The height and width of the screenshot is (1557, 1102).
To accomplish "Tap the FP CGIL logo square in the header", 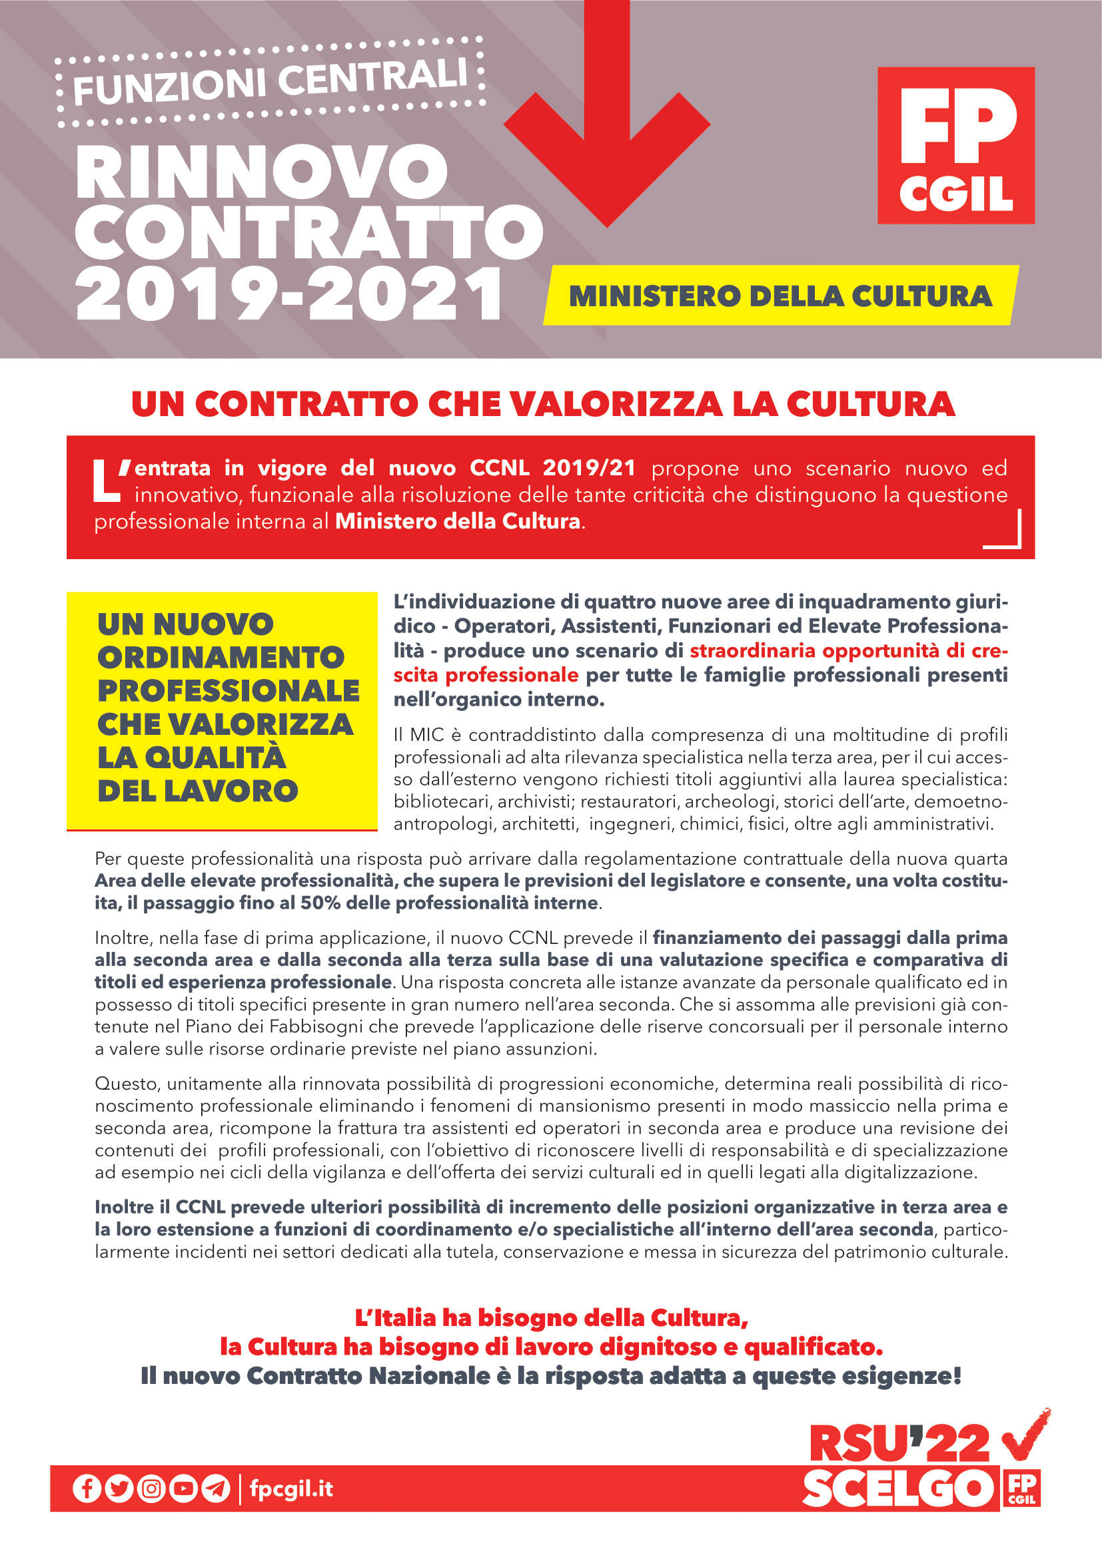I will [x=955, y=145].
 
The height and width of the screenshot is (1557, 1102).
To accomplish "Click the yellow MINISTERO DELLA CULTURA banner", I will [x=780, y=296].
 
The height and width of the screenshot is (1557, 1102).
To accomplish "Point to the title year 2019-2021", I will [x=288, y=294].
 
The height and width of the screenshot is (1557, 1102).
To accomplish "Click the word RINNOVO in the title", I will [x=262, y=172].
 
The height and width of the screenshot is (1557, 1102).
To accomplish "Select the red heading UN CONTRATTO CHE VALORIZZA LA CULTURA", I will [x=543, y=404].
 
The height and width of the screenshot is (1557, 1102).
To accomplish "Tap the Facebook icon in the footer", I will [x=87, y=1489].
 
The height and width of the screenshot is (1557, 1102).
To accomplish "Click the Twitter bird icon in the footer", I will [x=119, y=1489].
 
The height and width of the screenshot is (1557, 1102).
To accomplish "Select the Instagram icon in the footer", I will [x=151, y=1489].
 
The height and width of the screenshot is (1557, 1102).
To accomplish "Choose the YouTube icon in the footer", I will [x=183, y=1489].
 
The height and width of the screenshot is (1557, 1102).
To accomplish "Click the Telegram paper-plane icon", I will [x=216, y=1489].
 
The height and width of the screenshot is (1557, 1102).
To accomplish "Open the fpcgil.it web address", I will [x=291, y=1489].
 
